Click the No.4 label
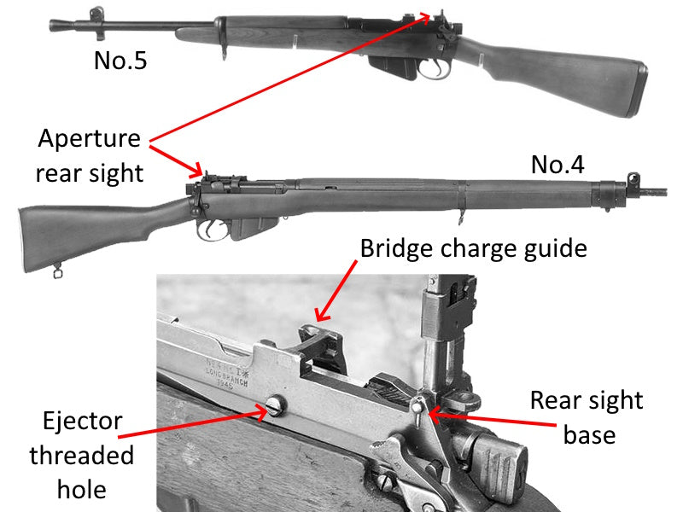(557, 165)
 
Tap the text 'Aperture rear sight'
(89, 155)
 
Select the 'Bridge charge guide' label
(474, 248)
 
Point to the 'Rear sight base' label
(587, 417)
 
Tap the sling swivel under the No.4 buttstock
(57, 271)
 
